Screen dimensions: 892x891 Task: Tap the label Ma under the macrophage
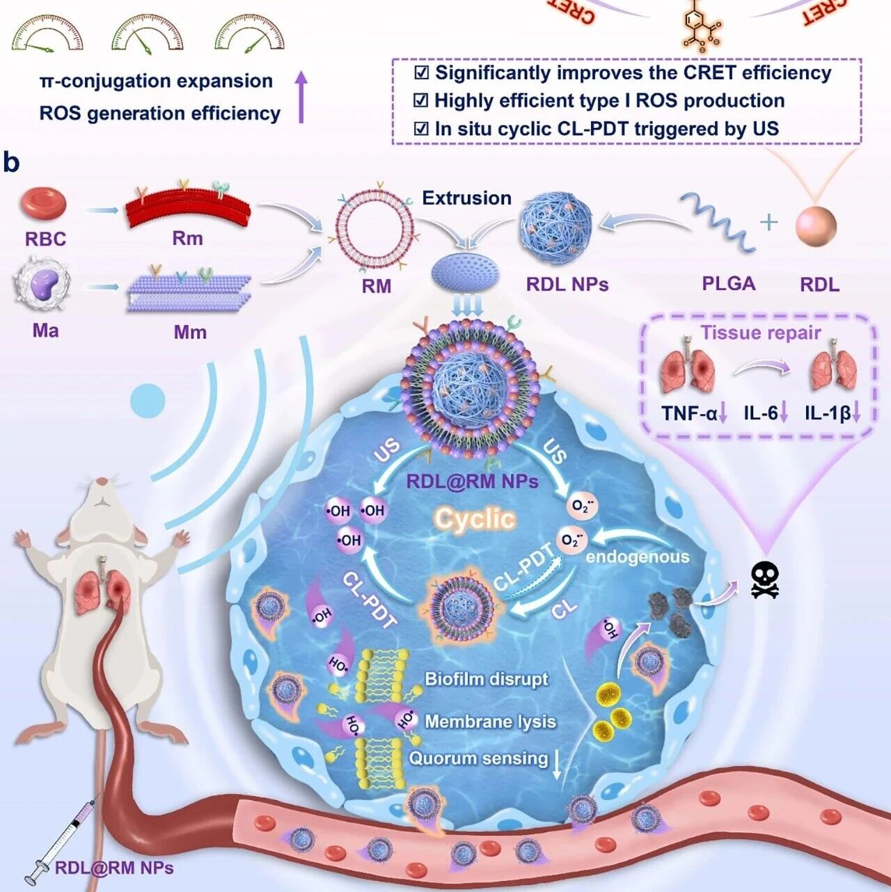[x=45, y=330]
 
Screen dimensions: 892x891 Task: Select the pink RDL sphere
[x=816, y=226]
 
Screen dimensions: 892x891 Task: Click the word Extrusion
[x=466, y=198]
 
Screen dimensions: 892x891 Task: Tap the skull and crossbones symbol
[x=764, y=580]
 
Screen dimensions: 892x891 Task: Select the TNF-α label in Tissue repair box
[x=689, y=413]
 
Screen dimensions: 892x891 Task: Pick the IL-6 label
[x=761, y=413]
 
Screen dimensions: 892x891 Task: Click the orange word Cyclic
[x=475, y=518]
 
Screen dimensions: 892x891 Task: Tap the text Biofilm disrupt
[x=487, y=679]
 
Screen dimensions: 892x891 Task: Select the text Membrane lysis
[x=490, y=722]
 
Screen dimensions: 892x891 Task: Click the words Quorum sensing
[x=478, y=758]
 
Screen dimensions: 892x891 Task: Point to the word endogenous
[x=638, y=557]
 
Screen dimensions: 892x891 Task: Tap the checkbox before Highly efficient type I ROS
[x=421, y=101]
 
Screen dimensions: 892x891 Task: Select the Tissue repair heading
[x=760, y=333]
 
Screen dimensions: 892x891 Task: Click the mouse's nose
[x=102, y=481]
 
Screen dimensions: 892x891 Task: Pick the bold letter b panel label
[x=11, y=163]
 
